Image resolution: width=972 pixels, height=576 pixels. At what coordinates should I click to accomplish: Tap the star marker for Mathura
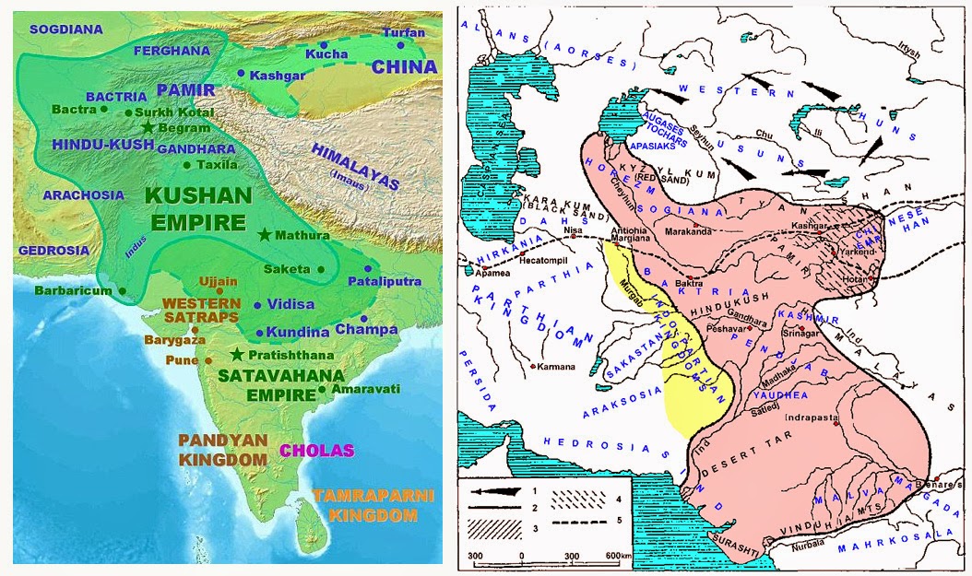coord(266,235)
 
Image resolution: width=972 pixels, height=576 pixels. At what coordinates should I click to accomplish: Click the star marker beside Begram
coord(146,128)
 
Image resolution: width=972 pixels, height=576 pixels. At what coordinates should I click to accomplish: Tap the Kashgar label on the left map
coord(277,73)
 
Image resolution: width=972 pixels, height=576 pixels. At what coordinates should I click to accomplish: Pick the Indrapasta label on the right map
coord(812,417)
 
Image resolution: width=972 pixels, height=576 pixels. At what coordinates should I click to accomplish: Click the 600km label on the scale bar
coord(619,556)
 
